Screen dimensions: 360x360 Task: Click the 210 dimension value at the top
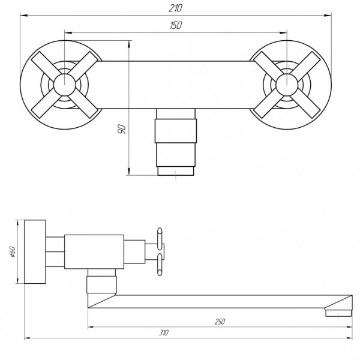(176, 8)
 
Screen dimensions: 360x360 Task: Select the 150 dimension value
(175, 25)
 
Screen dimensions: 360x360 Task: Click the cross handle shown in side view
(160, 251)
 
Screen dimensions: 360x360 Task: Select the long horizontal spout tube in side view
(222, 301)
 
